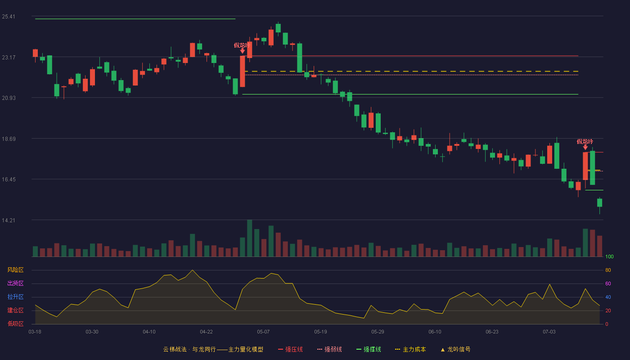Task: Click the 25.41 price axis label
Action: click(9, 17)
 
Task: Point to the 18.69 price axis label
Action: click(9, 139)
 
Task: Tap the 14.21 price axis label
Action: click(9, 220)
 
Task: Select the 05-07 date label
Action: click(263, 332)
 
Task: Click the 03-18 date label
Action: click(35, 332)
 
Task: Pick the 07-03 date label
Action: click(549, 332)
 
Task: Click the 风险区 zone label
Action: click(15, 270)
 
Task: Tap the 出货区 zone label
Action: click(15, 283)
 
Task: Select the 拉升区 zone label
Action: click(15, 297)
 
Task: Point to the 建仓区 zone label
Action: click(15, 310)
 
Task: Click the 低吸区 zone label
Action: click(15, 324)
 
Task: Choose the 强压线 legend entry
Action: click(290, 349)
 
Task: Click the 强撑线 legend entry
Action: click(369, 349)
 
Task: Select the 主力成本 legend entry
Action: click(410, 349)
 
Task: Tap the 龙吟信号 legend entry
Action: click(455, 349)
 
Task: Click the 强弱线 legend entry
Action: click(329, 349)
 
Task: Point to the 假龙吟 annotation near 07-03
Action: click(585, 141)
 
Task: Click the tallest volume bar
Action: click(249, 238)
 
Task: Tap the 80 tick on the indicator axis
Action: click(608, 270)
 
